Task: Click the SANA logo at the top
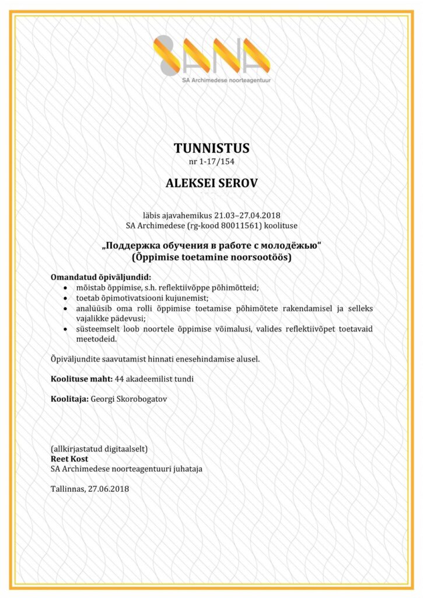(x=211, y=56)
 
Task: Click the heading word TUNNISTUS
(x=211, y=147)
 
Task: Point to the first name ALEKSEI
(x=187, y=183)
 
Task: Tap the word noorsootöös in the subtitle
(x=261, y=256)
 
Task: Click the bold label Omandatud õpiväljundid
(x=101, y=277)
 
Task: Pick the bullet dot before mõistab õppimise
(x=64, y=287)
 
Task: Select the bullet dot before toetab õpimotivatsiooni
(x=64, y=297)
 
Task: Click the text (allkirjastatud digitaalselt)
(x=99, y=449)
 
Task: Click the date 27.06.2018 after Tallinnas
(x=109, y=488)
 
